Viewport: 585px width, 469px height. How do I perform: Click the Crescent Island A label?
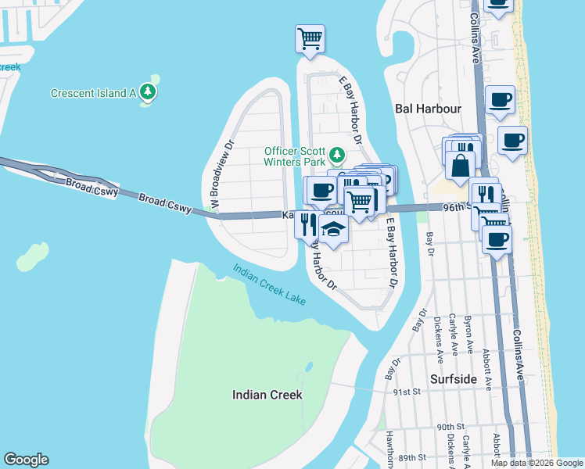tap(94, 93)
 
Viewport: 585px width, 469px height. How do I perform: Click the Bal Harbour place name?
tap(428, 109)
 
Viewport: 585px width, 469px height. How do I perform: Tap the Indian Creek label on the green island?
tap(267, 395)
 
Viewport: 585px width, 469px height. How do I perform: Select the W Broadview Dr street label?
tap(219, 176)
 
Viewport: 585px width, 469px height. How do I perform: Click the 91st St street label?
tap(408, 392)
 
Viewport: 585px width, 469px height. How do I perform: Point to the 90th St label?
tap(452, 427)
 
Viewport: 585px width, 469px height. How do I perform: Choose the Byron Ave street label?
tap(470, 334)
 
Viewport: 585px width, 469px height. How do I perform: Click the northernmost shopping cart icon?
tap(310, 38)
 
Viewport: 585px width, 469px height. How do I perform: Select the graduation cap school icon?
tap(332, 230)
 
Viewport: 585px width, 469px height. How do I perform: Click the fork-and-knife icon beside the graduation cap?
tap(307, 224)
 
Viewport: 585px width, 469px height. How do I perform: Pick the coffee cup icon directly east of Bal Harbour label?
tap(500, 99)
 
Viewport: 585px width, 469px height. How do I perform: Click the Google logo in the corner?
tap(26, 460)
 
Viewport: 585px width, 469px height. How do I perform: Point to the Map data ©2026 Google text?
tap(537, 463)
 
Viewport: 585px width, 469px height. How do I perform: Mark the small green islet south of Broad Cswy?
tap(31, 256)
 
